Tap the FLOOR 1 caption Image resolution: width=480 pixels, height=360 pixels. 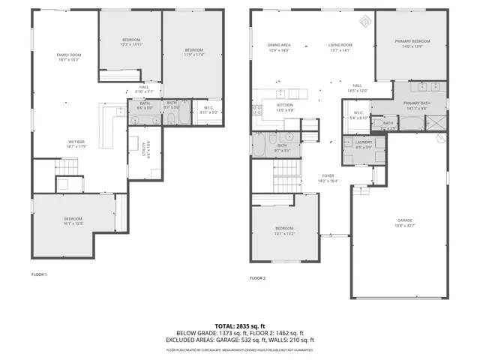coord(39,274)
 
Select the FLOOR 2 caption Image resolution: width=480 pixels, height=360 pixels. coord(257,278)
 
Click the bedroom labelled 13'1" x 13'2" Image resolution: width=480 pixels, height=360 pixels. coord(284,230)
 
